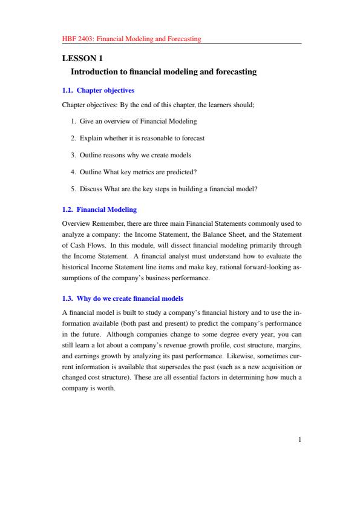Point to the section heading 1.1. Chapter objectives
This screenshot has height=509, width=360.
(98, 90)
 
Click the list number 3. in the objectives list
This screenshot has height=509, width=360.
(74, 155)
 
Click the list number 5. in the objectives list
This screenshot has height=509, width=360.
(74, 189)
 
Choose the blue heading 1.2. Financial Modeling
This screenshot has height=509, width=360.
(99, 209)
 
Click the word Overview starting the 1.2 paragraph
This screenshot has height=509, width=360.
(76, 223)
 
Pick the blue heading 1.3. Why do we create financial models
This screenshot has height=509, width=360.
(122, 298)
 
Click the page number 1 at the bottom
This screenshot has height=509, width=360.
(299, 441)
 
